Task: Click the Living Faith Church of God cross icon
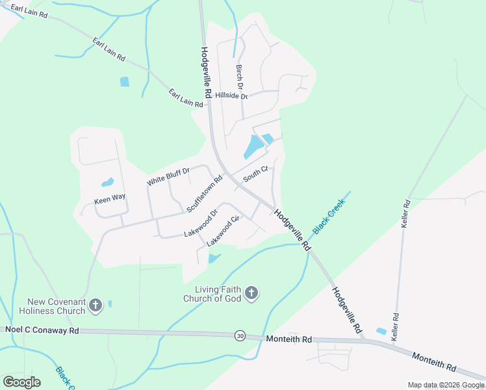251,294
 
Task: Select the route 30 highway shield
240,335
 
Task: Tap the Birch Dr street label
240,77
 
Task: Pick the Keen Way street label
109,197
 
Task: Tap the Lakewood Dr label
201,223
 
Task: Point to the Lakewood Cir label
224,231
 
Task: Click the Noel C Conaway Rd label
42,330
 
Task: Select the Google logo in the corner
21,382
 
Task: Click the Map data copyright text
446,385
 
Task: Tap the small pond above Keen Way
107,183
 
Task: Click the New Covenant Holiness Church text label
57,306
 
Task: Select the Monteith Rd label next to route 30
288,339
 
